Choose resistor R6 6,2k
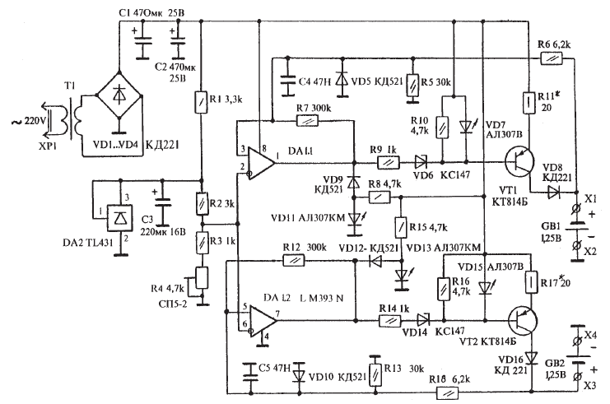[x=551, y=58]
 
